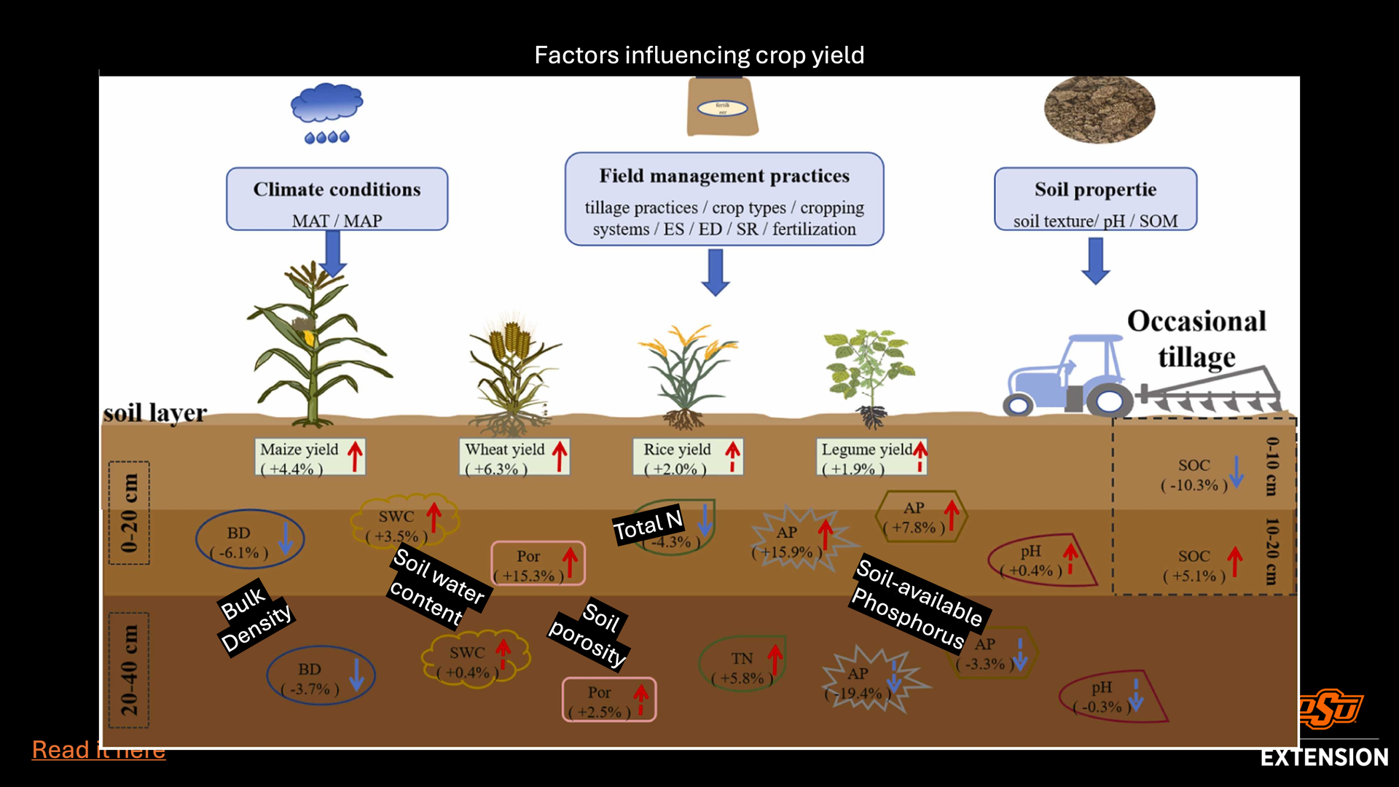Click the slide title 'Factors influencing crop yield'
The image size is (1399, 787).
pos(699,55)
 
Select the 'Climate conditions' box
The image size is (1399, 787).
pos(337,199)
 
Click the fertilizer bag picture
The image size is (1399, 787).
pos(722,107)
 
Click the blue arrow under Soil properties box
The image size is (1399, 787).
pos(1095,260)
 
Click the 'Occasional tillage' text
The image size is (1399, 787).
pos(1196,339)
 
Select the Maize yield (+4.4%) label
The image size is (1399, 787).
pos(310,458)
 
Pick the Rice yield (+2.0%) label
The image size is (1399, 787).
pos(688,458)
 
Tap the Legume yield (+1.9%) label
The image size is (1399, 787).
pos(871,458)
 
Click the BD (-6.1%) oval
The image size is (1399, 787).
pos(249,540)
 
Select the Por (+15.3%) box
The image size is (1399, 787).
pos(538,563)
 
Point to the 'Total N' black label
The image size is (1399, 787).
pos(648,524)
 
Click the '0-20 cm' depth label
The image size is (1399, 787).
pos(129,513)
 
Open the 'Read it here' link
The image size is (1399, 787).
pos(98,750)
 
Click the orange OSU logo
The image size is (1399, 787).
pos(1330,709)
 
